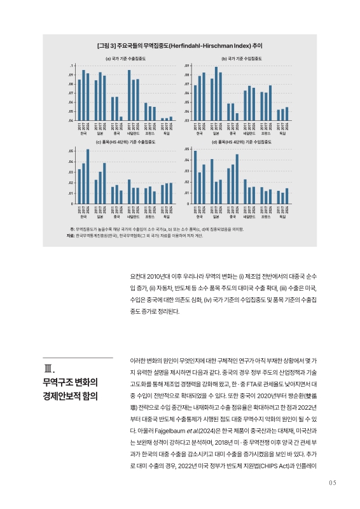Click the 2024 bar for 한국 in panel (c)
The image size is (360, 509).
tap(88, 177)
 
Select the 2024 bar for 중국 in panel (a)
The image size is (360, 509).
tap(121, 118)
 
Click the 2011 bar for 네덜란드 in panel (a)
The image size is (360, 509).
tap(129, 95)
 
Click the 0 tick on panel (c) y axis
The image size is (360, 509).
tap(72, 204)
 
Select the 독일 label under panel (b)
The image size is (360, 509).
tap(282, 134)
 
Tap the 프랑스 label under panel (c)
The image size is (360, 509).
tap(150, 217)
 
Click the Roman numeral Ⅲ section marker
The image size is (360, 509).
tap(50, 369)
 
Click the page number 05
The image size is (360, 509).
tap(331, 482)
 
